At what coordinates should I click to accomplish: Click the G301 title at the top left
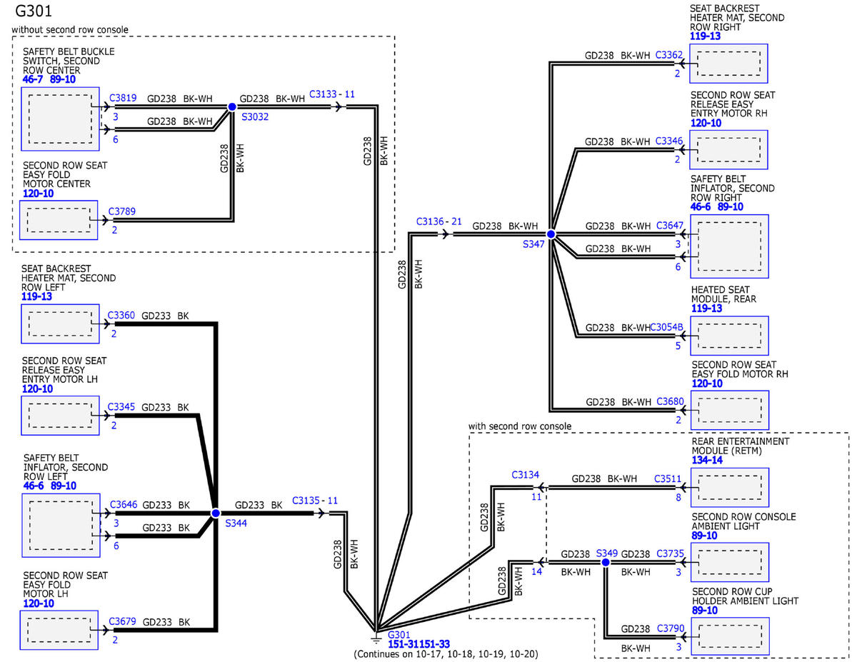click(33, 11)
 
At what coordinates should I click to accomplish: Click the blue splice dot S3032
click(232, 107)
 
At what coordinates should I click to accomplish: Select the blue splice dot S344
click(216, 513)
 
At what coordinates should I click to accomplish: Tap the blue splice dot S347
click(551, 234)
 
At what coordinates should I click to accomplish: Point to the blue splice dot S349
click(606, 563)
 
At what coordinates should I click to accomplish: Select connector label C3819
click(123, 98)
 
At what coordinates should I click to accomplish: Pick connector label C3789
click(122, 211)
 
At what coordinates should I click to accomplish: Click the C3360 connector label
click(121, 316)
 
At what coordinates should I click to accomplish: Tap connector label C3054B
click(666, 327)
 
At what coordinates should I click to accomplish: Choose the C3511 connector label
click(668, 478)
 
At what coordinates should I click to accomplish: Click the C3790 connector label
click(671, 628)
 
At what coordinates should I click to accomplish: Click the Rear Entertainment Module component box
click(730, 487)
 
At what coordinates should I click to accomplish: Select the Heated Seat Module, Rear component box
click(730, 336)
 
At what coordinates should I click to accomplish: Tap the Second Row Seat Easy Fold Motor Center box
click(59, 220)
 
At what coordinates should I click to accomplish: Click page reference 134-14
click(707, 460)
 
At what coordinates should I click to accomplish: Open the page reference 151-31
click(404, 644)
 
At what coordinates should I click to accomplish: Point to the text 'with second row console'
click(520, 426)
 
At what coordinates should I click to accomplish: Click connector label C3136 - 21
click(439, 221)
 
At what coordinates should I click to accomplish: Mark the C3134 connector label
click(525, 475)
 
